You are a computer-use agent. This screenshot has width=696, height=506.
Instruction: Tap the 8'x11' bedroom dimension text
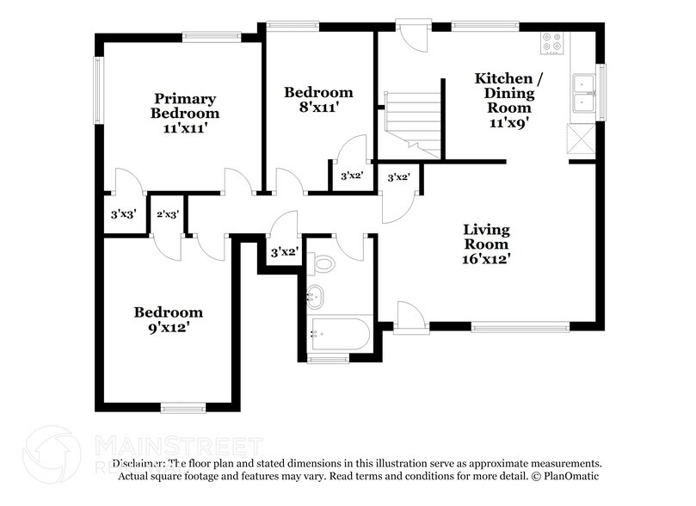(x=318, y=108)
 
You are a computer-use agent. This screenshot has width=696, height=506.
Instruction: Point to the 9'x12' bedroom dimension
(x=168, y=327)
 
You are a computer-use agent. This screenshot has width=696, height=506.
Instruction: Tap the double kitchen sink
(x=585, y=94)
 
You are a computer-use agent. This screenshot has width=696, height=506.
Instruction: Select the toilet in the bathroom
(x=323, y=263)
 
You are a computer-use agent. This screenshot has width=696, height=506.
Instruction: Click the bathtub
(x=340, y=334)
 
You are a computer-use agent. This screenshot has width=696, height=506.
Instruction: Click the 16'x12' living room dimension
(x=486, y=257)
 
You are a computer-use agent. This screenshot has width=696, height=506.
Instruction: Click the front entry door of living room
(x=411, y=317)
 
